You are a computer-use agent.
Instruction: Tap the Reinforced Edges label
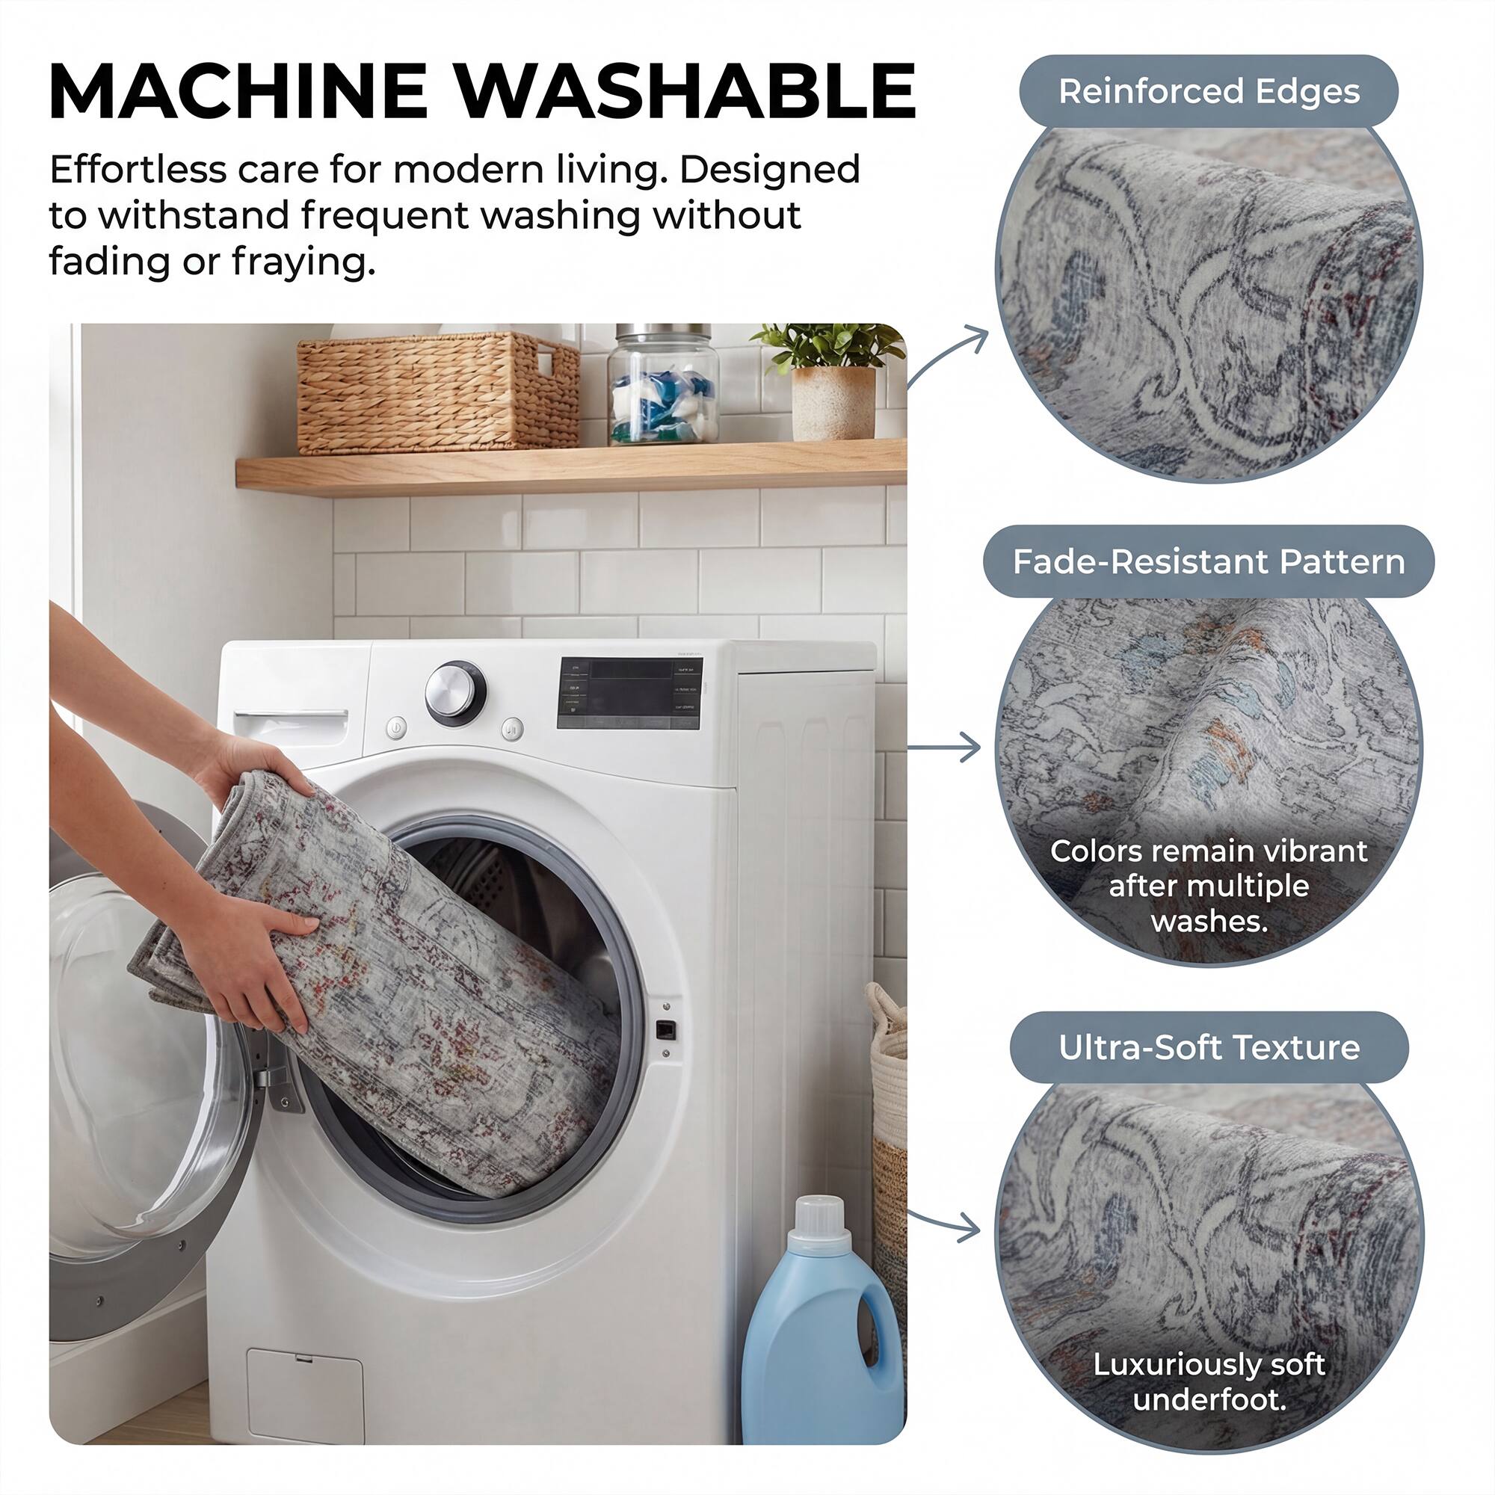click(x=1209, y=91)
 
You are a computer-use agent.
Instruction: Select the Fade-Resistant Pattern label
click(x=1209, y=562)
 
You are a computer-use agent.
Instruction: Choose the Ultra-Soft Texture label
click(x=1209, y=1048)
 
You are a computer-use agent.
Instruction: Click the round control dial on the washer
click(x=455, y=691)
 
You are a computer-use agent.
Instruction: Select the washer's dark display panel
click(x=629, y=694)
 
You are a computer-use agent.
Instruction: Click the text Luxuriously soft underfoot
click(x=1209, y=1381)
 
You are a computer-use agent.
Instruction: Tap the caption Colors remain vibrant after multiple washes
click(x=1209, y=886)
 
